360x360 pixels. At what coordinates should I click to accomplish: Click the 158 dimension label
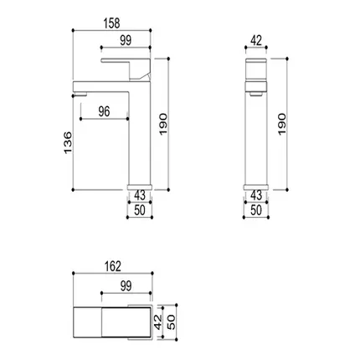pos(111,23)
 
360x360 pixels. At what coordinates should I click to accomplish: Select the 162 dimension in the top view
pos(113,266)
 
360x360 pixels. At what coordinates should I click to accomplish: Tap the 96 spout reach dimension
pos(104,111)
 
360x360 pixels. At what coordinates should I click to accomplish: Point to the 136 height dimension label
pos(68,142)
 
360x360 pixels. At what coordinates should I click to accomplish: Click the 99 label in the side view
pos(126,41)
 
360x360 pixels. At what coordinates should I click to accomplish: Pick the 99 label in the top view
pos(126,285)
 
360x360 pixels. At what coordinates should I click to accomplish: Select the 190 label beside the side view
pos(163,124)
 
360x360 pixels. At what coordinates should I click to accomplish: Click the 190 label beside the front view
pos(282,124)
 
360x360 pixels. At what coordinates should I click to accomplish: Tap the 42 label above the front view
pos(256,41)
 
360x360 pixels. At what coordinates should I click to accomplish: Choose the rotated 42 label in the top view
pos(158,321)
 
